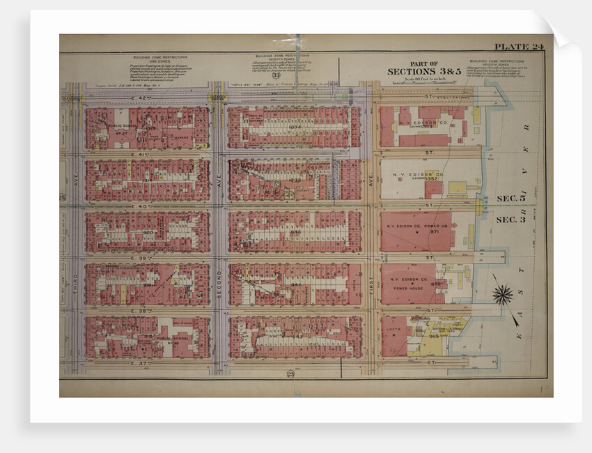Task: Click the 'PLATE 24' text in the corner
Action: pyautogui.click(x=518, y=47)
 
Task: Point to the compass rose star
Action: pyautogui.click(x=502, y=295)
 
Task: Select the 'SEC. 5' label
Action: pyautogui.click(x=511, y=199)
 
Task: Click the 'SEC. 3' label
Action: pyautogui.click(x=511, y=220)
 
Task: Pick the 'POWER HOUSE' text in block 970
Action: pyautogui.click(x=408, y=288)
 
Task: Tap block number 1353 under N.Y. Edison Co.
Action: pyautogui.click(x=426, y=127)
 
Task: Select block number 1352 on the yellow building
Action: pyautogui.click(x=433, y=179)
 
